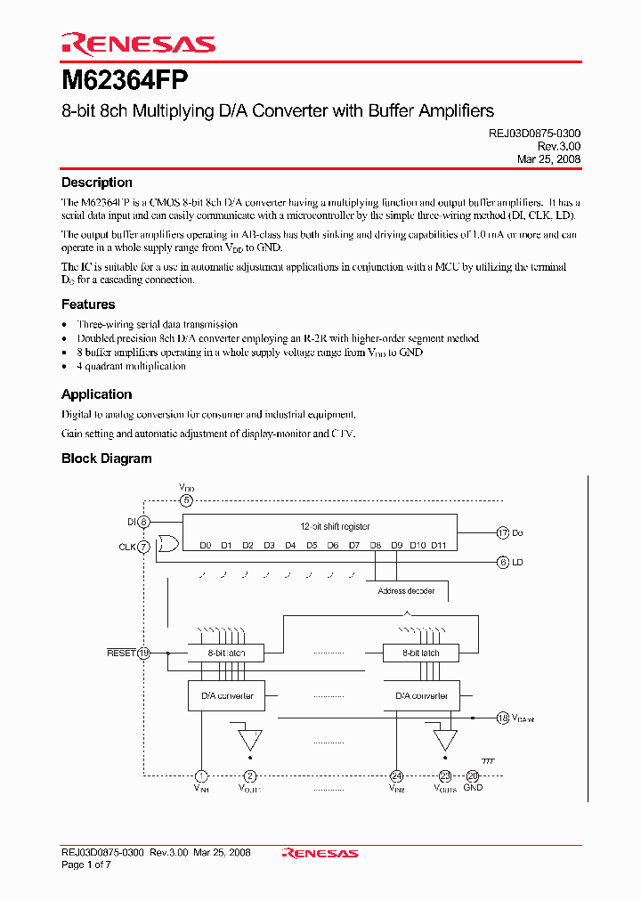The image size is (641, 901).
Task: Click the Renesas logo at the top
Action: (x=138, y=44)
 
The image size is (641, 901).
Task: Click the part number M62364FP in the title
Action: (x=125, y=80)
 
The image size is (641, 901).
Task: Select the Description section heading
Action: (x=96, y=183)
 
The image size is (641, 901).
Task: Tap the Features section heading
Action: (x=88, y=304)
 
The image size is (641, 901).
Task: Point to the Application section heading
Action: (x=96, y=394)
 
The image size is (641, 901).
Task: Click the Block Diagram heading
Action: (x=106, y=459)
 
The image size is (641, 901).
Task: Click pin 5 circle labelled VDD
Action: (x=186, y=500)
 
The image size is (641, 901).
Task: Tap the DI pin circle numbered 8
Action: (x=144, y=523)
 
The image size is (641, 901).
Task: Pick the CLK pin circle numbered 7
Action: (x=144, y=546)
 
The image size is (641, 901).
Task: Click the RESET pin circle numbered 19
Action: (x=144, y=653)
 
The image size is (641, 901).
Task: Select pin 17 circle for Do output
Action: (x=503, y=532)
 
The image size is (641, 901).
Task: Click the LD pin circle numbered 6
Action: (x=503, y=562)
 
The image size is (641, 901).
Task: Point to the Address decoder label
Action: (x=406, y=590)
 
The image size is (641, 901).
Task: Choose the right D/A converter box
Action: (x=421, y=696)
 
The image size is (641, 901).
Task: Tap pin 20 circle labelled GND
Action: (x=473, y=775)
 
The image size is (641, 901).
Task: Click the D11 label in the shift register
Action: (x=438, y=545)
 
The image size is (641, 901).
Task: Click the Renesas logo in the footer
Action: (x=320, y=853)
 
